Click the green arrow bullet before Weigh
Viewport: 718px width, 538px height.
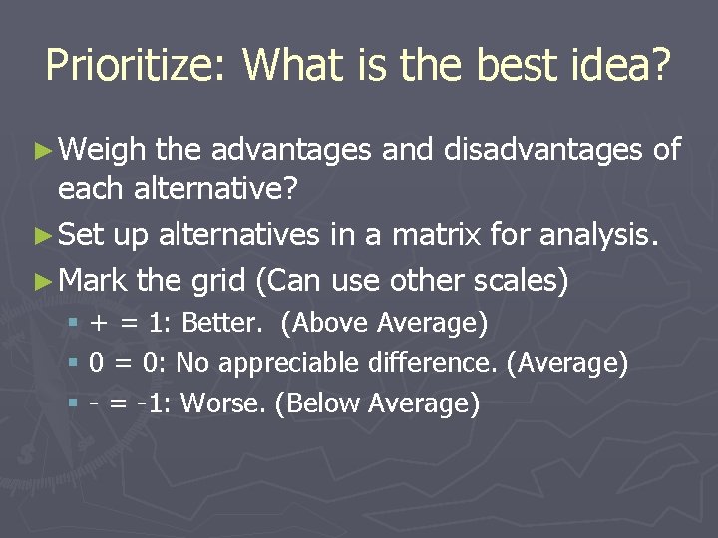click(41, 151)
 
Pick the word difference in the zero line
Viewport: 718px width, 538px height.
click(440, 363)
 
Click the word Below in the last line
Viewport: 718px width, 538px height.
click(316, 403)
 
